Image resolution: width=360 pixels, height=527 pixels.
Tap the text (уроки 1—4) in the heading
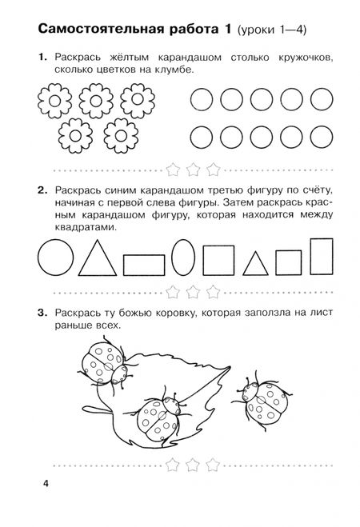(277, 31)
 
